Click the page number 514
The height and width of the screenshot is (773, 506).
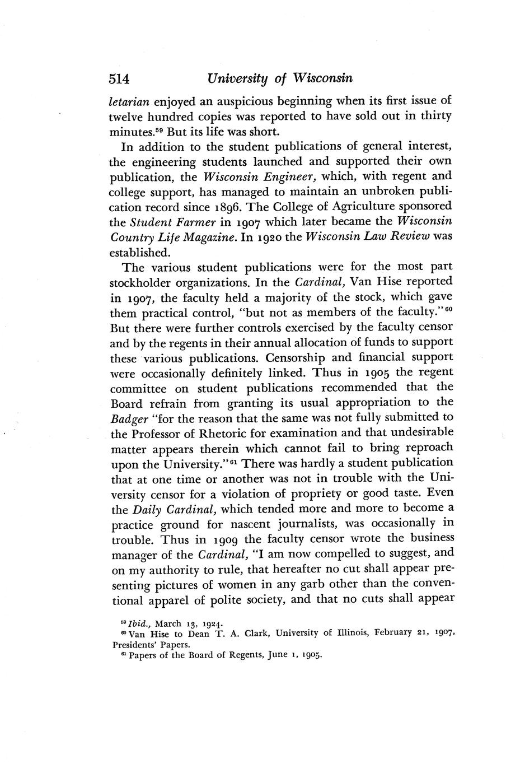pos(119,79)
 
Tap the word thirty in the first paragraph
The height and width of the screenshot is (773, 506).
pos(432,117)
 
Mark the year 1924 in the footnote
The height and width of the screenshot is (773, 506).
pos(208,623)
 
